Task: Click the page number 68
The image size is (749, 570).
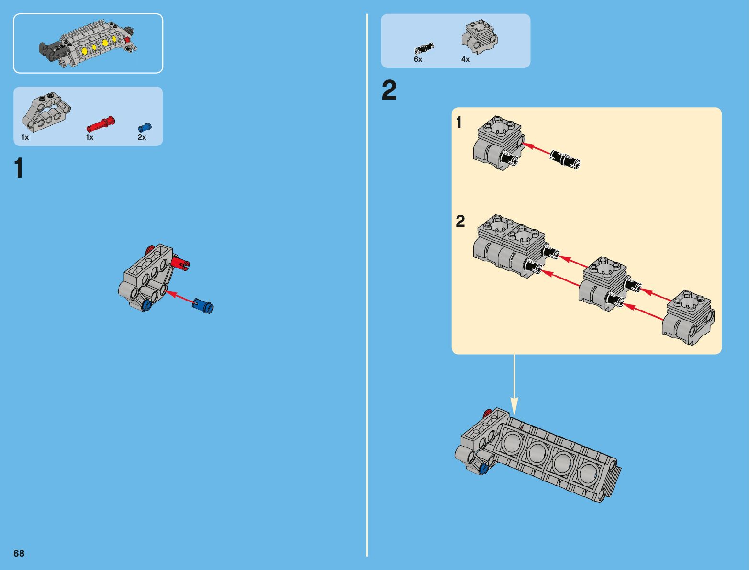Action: click(19, 553)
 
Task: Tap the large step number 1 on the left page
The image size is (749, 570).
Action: click(19, 168)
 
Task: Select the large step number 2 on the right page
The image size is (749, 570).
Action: click(389, 90)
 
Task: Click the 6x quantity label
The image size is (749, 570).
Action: click(418, 59)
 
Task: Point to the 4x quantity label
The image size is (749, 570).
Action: click(465, 59)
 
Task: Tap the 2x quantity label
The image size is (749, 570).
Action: click(142, 137)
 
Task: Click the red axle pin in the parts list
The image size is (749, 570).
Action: click(101, 123)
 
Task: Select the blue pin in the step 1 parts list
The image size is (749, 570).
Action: click(144, 127)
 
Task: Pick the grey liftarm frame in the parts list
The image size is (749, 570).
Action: click(46, 112)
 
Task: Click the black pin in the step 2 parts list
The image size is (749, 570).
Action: click(424, 48)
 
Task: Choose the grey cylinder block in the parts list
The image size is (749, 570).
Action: click(480, 36)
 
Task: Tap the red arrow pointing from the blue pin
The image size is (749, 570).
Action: click(179, 297)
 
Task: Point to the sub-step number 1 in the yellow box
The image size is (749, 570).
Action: click(459, 123)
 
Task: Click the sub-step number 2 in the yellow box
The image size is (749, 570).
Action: click(460, 222)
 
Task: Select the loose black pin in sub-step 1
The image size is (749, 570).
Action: click(565, 159)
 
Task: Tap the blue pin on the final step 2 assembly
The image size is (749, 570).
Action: click(483, 469)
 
